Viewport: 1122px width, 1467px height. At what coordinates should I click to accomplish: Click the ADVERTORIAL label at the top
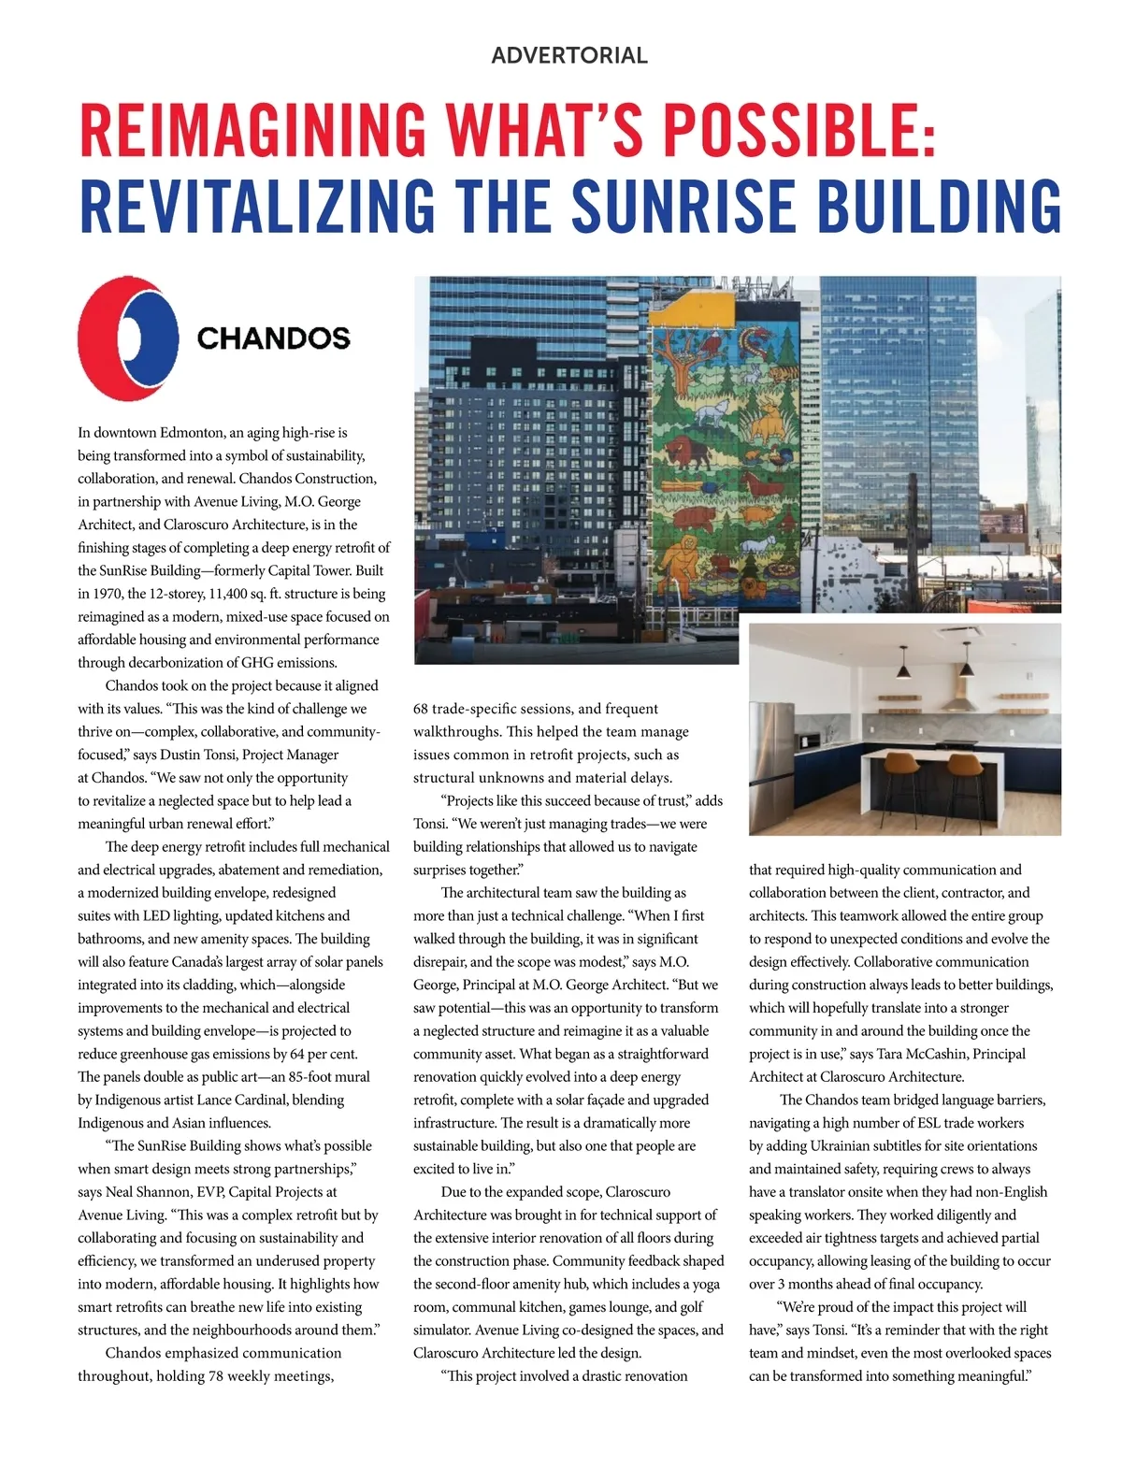568,55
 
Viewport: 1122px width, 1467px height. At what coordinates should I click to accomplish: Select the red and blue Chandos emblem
128,338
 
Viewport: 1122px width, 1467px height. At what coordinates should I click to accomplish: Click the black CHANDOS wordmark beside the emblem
273,338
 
